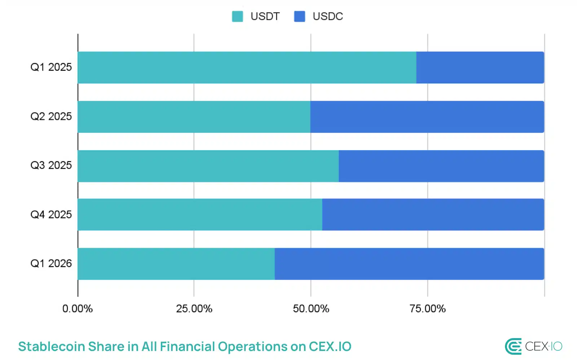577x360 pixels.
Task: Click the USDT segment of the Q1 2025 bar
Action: [x=247, y=67]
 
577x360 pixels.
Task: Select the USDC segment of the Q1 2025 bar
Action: [x=480, y=67]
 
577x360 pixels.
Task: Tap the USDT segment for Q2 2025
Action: [x=194, y=117]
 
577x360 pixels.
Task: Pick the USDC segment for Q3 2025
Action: [x=441, y=166]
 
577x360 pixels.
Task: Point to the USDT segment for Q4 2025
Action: [x=200, y=215]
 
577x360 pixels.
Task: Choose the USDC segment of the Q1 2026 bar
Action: [x=409, y=264]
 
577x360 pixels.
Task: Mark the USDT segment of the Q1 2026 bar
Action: [x=176, y=264]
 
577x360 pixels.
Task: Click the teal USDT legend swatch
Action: [x=237, y=16]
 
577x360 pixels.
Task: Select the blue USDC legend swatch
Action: [x=299, y=16]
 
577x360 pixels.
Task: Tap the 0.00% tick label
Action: [x=78, y=309]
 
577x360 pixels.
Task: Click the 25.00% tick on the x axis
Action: [x=194, y=309]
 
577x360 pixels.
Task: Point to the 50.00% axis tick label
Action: [x=311, y=309]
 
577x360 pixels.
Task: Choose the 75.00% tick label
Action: [x=427, y=309]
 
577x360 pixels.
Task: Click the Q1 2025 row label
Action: [x=51, y=67]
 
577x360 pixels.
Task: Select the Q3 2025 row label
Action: [x=51, y=165]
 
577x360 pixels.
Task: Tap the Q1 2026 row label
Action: [x=51, y=263]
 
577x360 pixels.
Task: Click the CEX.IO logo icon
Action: [x=513, y=347]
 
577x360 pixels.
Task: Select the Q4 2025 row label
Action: [x=51, y=215]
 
